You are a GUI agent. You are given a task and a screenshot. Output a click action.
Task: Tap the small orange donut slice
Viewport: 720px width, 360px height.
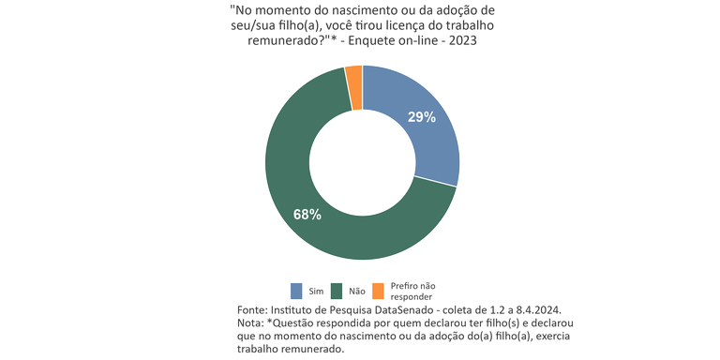(x=354, y=75)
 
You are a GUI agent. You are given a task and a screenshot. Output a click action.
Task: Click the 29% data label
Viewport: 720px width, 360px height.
(x=422, y=117)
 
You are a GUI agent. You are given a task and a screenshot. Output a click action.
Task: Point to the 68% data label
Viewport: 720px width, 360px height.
(x=307, y=215)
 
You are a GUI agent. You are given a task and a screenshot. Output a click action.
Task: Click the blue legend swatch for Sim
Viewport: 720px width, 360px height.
(x=296, y=290)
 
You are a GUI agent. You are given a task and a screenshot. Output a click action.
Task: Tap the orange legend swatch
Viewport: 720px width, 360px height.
(x=378, y=290)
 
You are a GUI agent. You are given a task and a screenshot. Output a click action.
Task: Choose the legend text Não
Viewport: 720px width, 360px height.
(x=355, y=291)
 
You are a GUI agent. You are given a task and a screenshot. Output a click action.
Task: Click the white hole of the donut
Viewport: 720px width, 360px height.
(x=362, y=163)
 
